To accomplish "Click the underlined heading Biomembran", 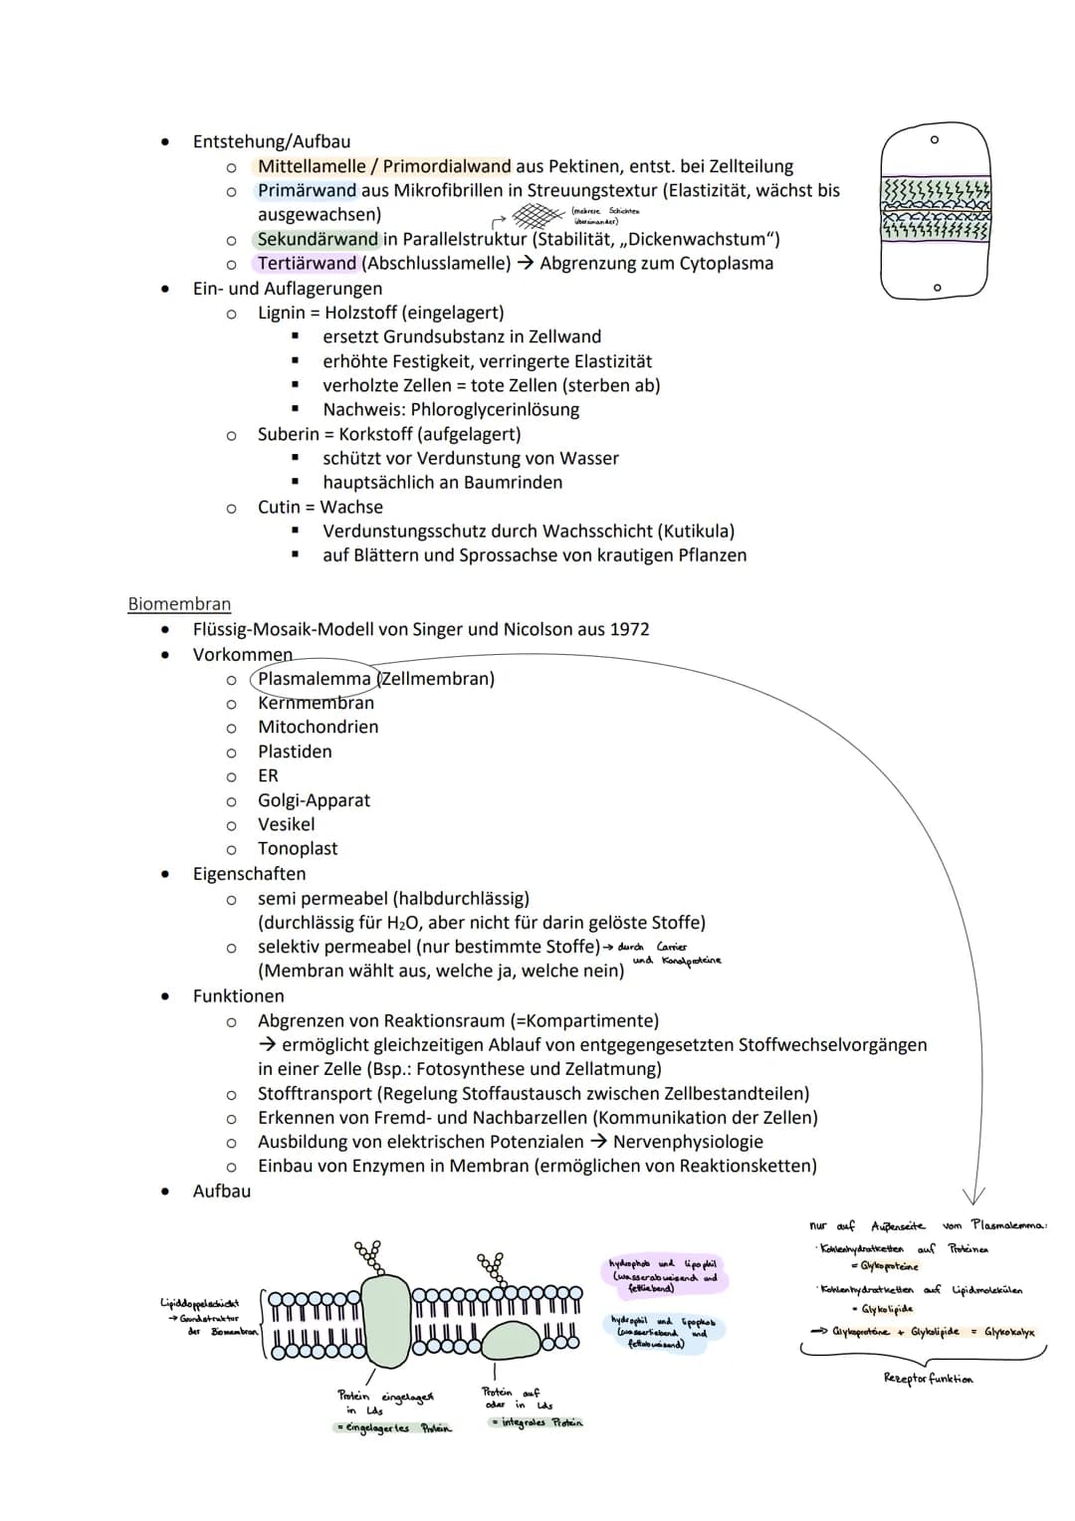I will tap(179, 604).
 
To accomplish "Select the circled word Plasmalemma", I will tap(314, 679).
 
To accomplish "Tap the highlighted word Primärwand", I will tap(307, 190).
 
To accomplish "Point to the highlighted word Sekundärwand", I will tap(318, 239).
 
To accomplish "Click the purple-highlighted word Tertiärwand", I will tap(307, 264).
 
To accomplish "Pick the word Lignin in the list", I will tap(281, 313).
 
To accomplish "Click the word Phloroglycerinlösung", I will tap(494, 409).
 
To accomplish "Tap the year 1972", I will tap(627, 629).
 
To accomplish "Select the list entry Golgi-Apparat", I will tap(314, 800).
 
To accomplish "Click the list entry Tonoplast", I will tap(298, 849).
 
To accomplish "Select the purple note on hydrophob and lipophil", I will tap(663, 1275).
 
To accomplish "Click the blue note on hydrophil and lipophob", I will tap(663, 1332).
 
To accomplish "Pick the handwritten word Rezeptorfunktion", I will tap(928, 1379).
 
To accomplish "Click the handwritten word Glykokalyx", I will tap(1008, 1332).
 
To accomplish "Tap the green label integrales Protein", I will tap(537, 1422).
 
